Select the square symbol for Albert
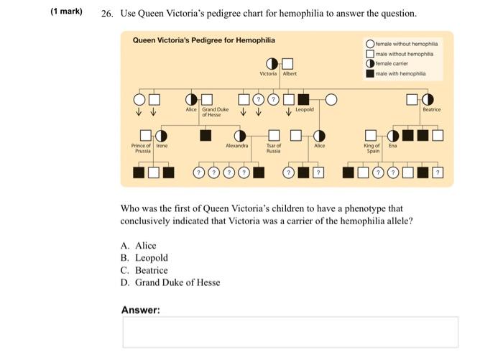tap(288, 64)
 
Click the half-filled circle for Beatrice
tap(428, 99)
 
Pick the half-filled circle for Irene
tap(161, 135)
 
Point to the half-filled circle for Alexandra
tap(240, 135)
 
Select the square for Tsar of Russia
tap(273, 135)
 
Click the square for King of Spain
tap(371, 135)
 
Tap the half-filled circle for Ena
tap(393, 135)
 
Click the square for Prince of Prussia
tap(146, 135)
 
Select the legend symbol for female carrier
tap(369, 63)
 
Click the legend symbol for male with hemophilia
tap(369, 73)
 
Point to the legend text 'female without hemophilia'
tap(406, 43)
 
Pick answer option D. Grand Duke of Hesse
tap(170, 282)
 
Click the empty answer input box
tap(290, 332)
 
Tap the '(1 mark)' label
tap(67, 12)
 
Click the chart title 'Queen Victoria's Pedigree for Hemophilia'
tap(203, 40)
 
